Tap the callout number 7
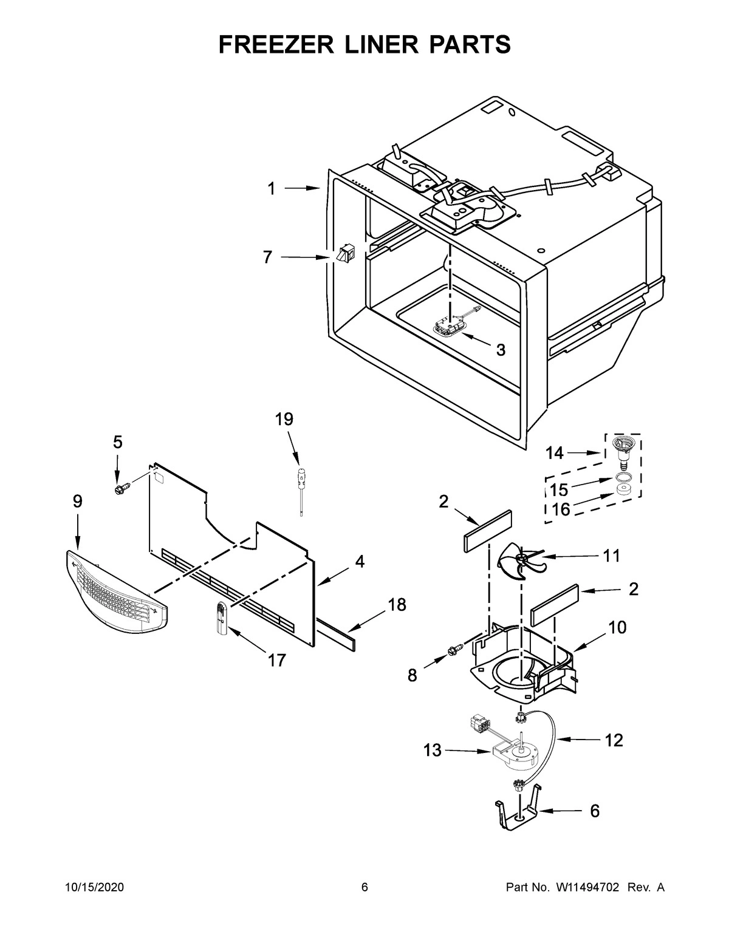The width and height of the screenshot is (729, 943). [267, 257]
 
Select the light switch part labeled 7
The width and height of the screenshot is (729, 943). [344, 254]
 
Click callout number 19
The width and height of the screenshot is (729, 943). [284, 419]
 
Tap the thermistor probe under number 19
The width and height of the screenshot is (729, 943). [300, 489]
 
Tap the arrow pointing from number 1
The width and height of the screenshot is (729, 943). [301, 189]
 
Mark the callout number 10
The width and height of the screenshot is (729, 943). [617, 627]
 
